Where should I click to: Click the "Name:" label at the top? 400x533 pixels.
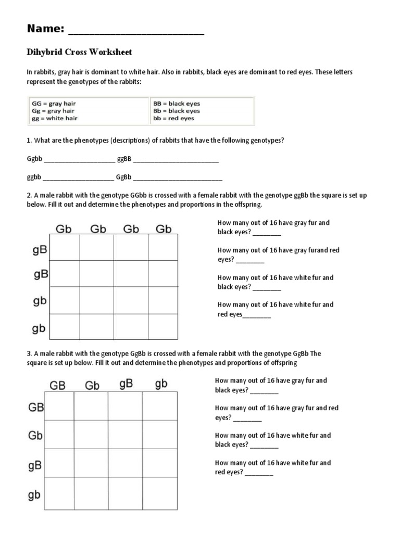(x=45, y=29)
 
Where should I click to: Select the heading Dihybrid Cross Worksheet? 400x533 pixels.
(x=80, y=52)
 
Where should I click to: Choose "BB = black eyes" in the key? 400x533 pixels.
(x=177, y=104)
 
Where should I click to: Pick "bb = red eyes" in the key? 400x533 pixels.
(x=173, y=118)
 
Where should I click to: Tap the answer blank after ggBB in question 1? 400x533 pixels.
(x=176, y=160)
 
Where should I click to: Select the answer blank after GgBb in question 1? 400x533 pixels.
(x=178, y=178)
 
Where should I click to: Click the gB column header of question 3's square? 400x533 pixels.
(x=126, y=384)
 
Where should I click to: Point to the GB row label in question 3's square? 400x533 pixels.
(x=35, y=407)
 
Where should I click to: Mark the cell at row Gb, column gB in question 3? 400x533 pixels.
(x=125, y=434)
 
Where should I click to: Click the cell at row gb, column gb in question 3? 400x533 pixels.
(x=159, y=492)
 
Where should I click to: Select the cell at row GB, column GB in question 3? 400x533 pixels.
(x=59, y=406)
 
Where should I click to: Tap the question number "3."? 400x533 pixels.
(x=30, y=353)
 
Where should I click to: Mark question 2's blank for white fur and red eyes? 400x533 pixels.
(x=257, y=315)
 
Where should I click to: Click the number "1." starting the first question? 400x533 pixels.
(x=30, y=141)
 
